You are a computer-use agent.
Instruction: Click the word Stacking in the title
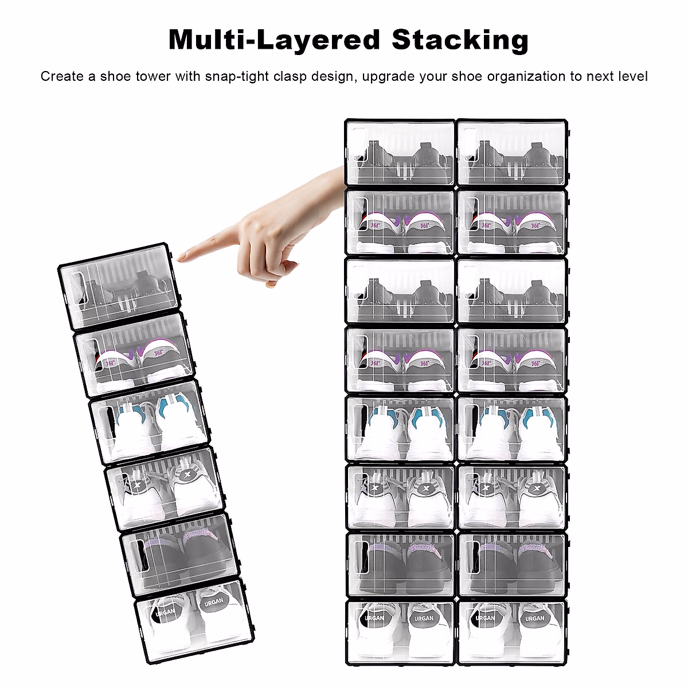(460, 40)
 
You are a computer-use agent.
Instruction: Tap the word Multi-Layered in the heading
(274, 40)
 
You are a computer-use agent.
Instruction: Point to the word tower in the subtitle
(153, 76)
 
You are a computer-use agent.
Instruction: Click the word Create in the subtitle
(62, 76)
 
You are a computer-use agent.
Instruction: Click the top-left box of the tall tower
(400, 153)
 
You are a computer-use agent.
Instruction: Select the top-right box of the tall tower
(512, 153)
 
